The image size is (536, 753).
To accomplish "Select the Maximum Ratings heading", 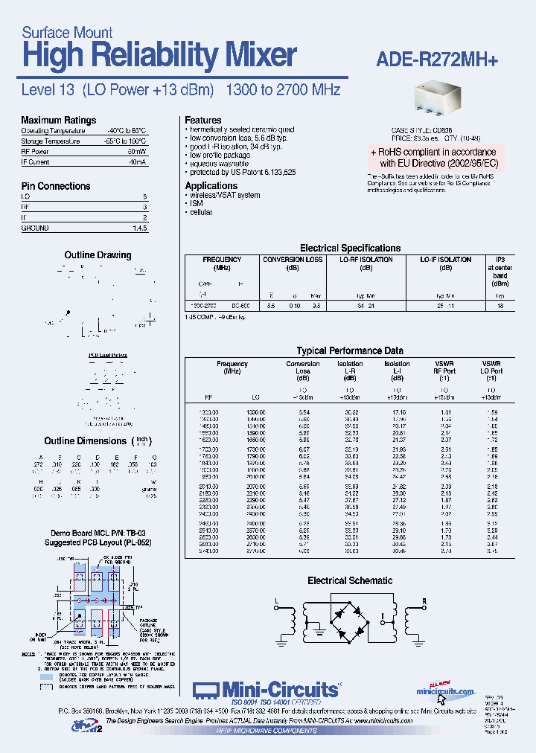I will (x=58, y=120).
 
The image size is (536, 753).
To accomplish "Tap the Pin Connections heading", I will (x=56, y=186).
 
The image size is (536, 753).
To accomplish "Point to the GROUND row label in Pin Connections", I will (x=35, y=228).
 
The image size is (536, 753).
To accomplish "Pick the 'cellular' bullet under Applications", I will (x=200, y=212).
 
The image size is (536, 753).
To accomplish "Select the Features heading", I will (x=202, y=120).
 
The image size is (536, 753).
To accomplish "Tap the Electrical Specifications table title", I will (x=350, y=248).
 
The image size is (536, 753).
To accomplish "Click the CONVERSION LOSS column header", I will (x=293, y=260).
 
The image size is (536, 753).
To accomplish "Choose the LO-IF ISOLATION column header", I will (x=445, y=260).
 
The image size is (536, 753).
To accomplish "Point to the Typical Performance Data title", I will (x=350, y=350).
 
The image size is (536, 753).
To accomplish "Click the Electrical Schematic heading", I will (x=350, y=580).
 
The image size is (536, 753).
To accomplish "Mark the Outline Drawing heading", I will (x=98, y=255).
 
